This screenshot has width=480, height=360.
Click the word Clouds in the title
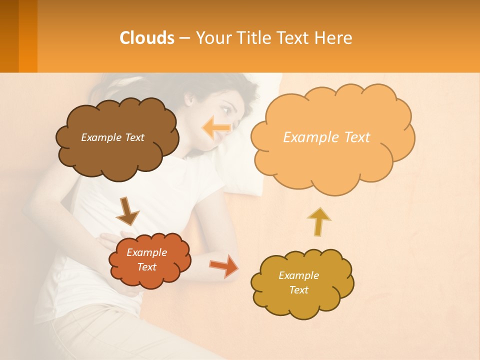tap(147, 38)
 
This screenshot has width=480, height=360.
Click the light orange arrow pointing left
tap(216, 127)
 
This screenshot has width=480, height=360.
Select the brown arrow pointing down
tap(127, 211)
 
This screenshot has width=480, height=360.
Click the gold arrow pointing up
tap(318, 221)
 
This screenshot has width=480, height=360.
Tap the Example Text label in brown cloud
tap(112, 137)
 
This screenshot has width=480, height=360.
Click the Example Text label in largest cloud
tap(326, 137)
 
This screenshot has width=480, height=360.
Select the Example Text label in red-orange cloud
tap(147, 259)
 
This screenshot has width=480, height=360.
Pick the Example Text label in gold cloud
tap(298, 282)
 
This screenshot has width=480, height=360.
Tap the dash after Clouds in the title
tap(184, 38)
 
